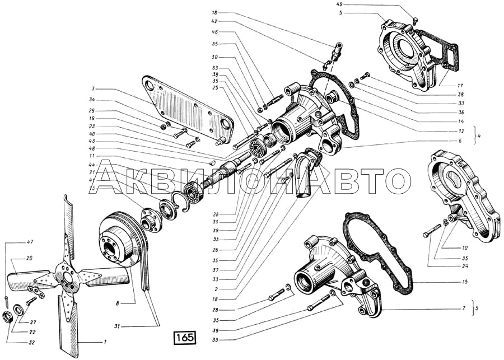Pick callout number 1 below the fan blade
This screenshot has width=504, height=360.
(105, 341)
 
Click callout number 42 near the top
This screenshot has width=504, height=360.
(214, 21)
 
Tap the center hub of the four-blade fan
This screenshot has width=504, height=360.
(68, 277)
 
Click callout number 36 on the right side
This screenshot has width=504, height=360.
(461, 113)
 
